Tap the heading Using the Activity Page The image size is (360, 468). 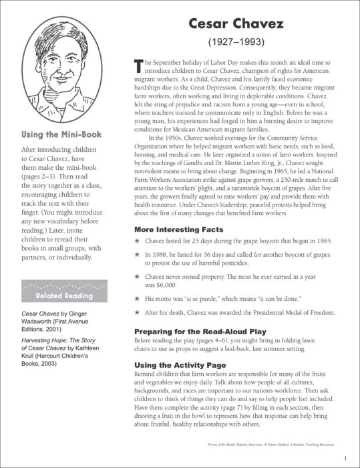[182, 364]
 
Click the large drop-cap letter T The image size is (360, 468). [139, 66]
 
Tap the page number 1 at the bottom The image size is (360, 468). [345, 458]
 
